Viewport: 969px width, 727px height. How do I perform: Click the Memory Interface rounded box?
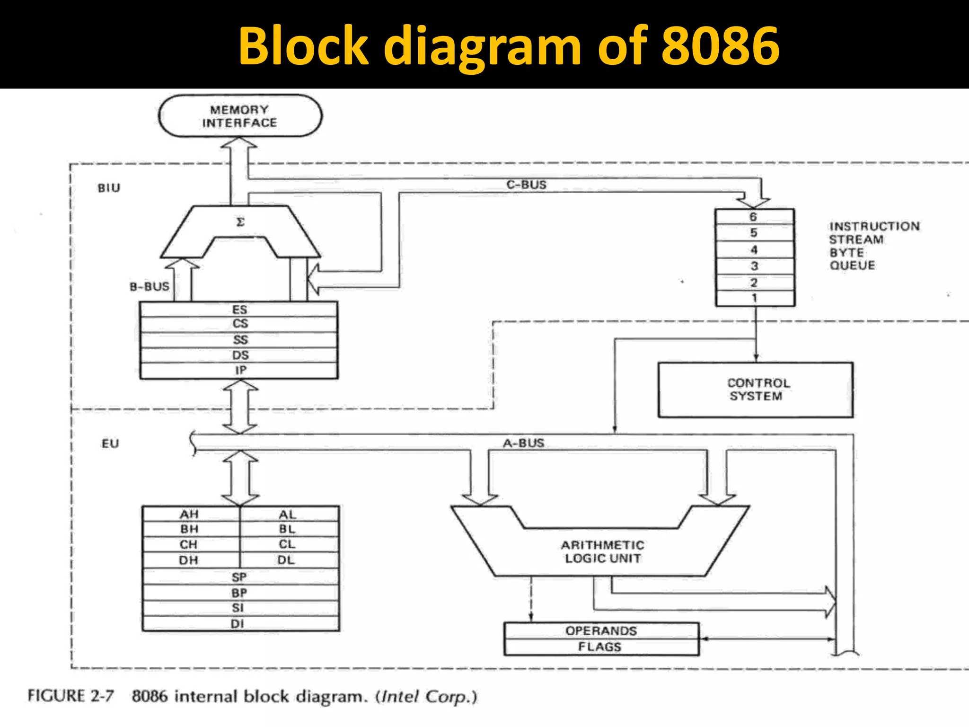coord(240,116)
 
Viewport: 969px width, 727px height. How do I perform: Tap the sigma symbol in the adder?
coord(240,222)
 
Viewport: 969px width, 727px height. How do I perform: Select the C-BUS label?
coord(526,185)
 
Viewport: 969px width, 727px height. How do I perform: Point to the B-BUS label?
coord(149,286)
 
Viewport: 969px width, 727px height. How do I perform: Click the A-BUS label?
coord(523,443)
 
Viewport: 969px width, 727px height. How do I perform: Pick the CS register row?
coord(239,324)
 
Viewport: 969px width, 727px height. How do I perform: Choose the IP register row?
coord(239,370)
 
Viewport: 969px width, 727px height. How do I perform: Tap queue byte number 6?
coord(754,217)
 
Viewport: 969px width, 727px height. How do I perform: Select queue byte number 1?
coord(754,298)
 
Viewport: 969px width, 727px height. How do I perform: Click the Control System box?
coord(756,390)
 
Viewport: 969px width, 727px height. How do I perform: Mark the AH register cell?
coord(189,514)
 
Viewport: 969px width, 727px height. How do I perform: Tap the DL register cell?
coord(287,560)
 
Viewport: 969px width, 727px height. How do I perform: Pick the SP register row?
coord(239,577)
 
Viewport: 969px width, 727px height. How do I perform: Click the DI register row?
coord(238,623)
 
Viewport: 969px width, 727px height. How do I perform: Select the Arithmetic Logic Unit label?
coord(602,552)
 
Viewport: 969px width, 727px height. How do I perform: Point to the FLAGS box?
coord(600,647)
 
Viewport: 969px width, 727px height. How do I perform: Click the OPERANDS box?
coord(601,631)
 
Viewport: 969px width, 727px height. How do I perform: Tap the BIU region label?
coord(109,188)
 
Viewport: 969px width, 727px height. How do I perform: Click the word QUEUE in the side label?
coord(852,266)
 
